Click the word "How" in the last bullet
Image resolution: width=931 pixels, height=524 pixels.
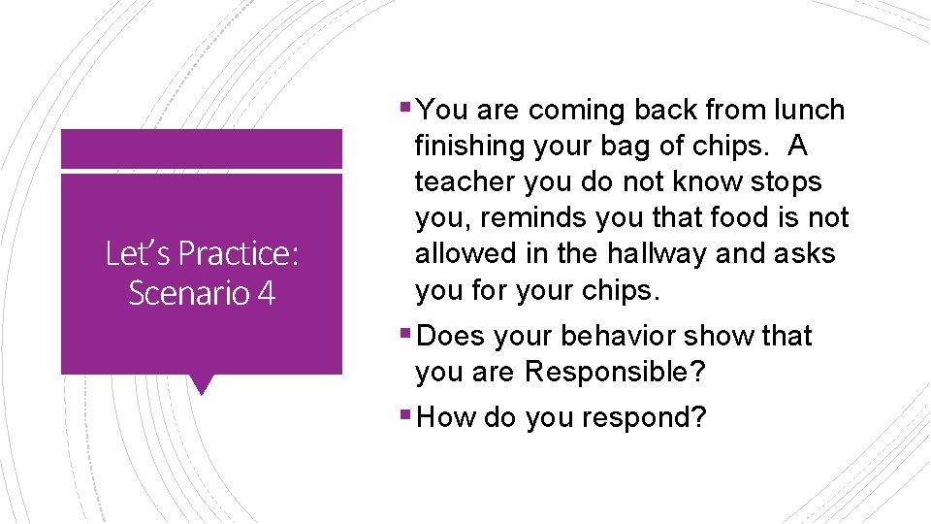click(x=444, y=418)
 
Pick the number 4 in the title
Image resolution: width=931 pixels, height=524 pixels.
click(x=267, y=292)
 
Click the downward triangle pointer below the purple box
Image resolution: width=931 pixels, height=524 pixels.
click(x=202, y=384)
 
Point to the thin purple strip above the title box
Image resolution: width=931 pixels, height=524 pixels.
click(x=202, y=148)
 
